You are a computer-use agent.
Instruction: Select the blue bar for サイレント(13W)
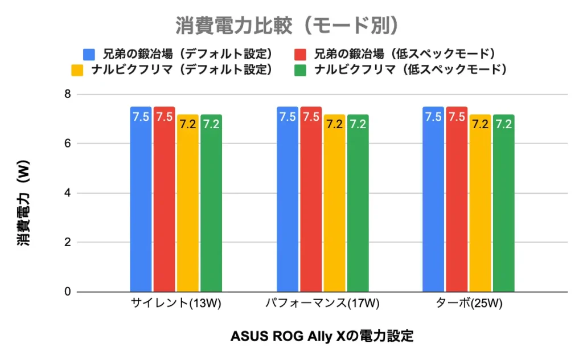click(141, 199)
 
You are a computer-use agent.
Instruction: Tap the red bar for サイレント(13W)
click(164, 199)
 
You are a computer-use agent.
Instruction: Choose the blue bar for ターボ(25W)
click(433, 199)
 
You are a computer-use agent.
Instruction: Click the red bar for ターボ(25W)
click(457, 199)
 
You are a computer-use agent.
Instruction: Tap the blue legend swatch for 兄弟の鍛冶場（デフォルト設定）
click(89, 55)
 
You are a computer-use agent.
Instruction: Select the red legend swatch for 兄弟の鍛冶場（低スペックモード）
click(301, 55)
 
